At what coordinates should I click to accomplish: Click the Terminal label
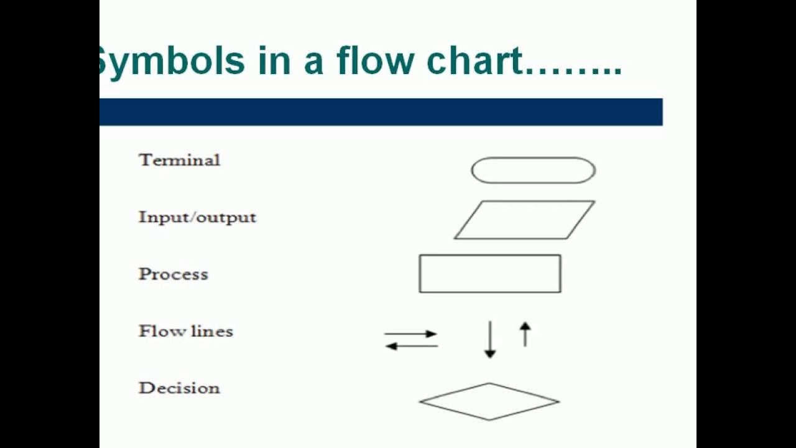pyautogui.click(x=179, y=160)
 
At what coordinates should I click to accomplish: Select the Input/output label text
pyautogui.click(x=197, y=217)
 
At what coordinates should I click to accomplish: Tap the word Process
pyautogui.click(x=173, y=274)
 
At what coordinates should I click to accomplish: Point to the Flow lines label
pyautogui.click(x=185, y=331)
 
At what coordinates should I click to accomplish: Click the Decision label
pyautogui.click(x=179, y=388)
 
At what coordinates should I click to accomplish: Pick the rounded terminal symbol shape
pyautogui.click(x=533, y=170)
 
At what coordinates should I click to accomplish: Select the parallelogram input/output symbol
pyautogui.click(x=524, y=220)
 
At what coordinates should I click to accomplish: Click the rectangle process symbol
pyautogui.click(x=490, y=273)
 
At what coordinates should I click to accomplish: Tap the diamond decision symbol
pyautogui.click(x=489, y=401)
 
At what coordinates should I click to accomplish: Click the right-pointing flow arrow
pyautogui.click(x=411, y=334)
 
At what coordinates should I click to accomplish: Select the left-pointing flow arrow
pyautogui.click(x=411, y=346)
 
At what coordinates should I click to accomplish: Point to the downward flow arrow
pyautogui.click(x=490, y=339)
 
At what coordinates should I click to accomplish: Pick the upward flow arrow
pyautogui.click(x=525, y=334)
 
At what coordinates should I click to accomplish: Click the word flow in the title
pyautogui.click(x=375, y=61)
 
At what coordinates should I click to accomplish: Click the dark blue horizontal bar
pyautogui.click(x=381, y=112)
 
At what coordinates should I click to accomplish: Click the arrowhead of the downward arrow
pyautogui.click(x=490, y=354)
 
